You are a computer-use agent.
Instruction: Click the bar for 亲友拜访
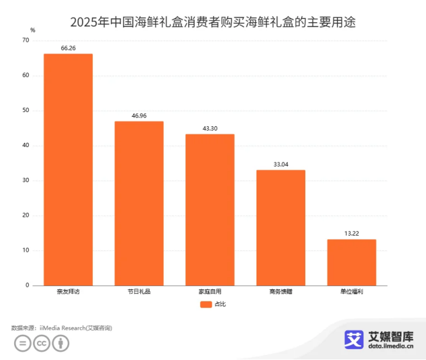pos(68,169)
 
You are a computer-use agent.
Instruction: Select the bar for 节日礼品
pos(139,203)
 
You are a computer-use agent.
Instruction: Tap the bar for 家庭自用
pos(210,209)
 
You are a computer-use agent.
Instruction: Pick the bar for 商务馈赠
pos(281,228)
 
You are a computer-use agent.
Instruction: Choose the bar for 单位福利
pos(352,262)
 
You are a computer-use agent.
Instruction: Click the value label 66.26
pos(68,48)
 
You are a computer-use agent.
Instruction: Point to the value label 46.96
pos(139,115)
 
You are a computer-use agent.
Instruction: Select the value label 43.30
pos(210,128)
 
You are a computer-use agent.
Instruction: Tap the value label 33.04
pos(281,164)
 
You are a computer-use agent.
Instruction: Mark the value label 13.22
pos(352,233)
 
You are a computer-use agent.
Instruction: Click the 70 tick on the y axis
pos(25,41)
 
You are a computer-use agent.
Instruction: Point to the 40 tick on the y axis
pos(25,146)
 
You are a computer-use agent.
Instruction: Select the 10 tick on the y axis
pos(25,250)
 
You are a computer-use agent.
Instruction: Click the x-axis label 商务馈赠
pos(281,292)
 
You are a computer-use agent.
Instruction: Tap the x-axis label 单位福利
pos(352,292)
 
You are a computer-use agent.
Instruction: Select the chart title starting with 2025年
pos(213,22)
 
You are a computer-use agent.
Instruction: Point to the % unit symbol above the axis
pos(32,30)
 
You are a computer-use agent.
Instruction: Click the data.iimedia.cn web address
pos(391,346)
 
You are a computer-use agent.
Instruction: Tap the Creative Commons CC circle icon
pos(41,343)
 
